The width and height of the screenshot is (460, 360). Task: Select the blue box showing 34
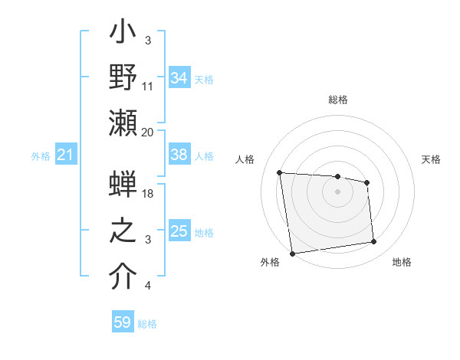[179, 79]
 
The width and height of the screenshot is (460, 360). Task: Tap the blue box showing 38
[179, 155]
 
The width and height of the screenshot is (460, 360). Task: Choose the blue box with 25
[179, 231]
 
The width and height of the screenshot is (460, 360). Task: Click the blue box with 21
[66, 155]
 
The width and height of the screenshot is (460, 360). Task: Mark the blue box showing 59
[123, 322]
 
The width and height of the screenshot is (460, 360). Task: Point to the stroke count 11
[148, 86]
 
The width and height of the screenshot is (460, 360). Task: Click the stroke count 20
[148, 132]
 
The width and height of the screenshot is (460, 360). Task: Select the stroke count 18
[148, 193]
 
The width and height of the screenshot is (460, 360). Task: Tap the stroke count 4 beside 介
[148, 286]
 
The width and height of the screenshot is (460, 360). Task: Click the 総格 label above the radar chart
[338, 100]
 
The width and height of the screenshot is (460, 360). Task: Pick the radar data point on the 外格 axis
[292, 253]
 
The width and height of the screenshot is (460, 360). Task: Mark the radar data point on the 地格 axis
[374, 242]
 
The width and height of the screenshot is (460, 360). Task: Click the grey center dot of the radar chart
[338, 191]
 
